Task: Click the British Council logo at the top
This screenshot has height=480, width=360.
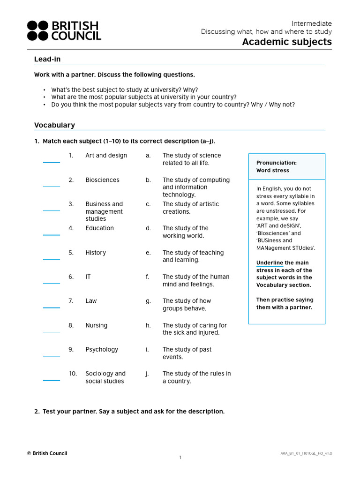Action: tap(63, 30)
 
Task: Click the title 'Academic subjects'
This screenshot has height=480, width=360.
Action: tap(286, 42)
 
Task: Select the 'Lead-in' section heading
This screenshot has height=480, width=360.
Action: tap(47, 59)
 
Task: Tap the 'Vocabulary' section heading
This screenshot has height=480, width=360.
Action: tap(54, 125)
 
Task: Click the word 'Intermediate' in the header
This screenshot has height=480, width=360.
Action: tap(311, 23)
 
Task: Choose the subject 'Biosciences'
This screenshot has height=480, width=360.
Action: tap(102, 180)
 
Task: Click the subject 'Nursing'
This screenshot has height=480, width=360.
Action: tap(96, 325)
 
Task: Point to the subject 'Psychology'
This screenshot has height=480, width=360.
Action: tap(102, 350)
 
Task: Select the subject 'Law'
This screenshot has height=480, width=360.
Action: tap(91, 301)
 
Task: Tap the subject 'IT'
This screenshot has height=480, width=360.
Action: tap(88, 277)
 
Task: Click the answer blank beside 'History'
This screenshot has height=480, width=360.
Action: tap(52, 258)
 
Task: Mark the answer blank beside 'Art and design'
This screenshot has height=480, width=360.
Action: tap(52, 162)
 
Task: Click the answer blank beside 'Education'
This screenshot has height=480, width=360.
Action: tap(52, 234)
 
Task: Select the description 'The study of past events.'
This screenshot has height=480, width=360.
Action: tap(187, 353)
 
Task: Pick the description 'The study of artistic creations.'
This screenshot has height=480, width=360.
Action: tap(190, 208)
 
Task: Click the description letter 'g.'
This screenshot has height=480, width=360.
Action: tap(148, 301)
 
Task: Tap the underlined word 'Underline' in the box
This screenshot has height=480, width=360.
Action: tap(270, 263)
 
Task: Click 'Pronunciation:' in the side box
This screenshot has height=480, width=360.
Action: tap(276, 163)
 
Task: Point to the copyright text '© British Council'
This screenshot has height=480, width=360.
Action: tap(47, 453)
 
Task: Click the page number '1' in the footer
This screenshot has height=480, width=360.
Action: tap(180, 457)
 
